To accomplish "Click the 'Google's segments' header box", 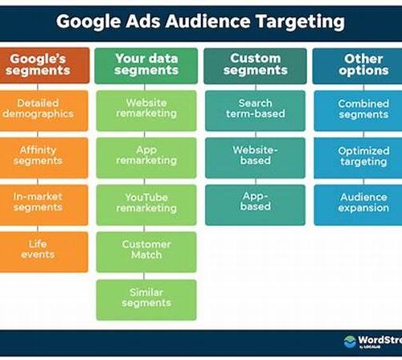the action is [44, 65].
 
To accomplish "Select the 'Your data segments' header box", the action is [146, 66].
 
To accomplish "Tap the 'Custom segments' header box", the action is [255, 66].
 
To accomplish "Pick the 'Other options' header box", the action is [358, 66].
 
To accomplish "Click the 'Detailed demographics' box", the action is [44, 111].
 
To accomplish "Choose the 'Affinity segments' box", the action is [44, 157].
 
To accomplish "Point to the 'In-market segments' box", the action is [44, 205].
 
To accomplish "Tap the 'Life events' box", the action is [44, 252].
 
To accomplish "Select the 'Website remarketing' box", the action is [146, 111].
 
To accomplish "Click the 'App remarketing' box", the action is [146, 157].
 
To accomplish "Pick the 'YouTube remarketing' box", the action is [146, 205].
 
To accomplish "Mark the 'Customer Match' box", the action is [146, 252].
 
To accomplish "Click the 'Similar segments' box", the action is [146, 300].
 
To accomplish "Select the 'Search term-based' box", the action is [255, 111].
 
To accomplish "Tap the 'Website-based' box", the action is [255, 157].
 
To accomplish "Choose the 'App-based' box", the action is [255, 205].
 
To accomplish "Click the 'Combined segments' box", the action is [358, 111].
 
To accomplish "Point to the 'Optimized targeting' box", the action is [358, 158].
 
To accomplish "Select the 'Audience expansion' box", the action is [358, 205].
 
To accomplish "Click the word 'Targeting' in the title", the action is [300, 22].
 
